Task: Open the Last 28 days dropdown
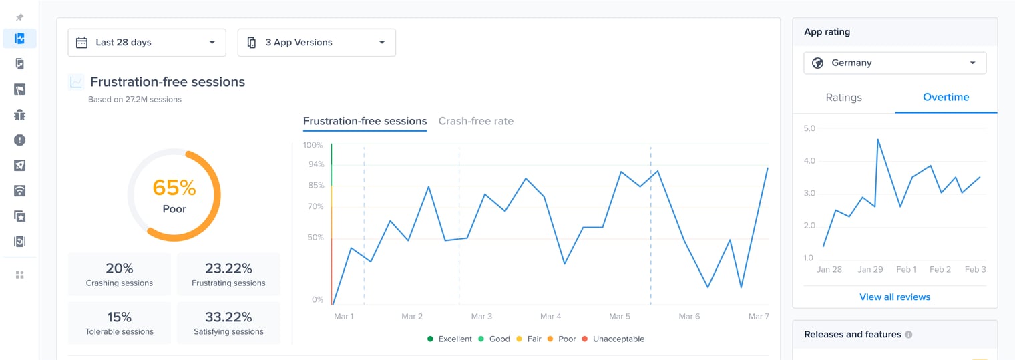(x=146, y=43)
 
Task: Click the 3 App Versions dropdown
(x=317, y=43)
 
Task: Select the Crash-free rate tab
(x=475, y=122)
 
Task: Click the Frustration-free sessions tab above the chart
(x=365, y=122)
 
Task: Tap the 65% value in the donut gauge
(x=174, y=188)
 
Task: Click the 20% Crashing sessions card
(x=120, y=275)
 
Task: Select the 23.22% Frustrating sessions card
(x=228, y=275)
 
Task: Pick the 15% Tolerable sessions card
(x=120, y=323)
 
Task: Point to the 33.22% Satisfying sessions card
(x=228, y=323)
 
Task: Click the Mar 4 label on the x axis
(x=550, y=317)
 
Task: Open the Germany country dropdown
(x=895, y=63)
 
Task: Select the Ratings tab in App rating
(x=843, y=98)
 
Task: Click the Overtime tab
(x=946, y=98)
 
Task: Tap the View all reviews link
(x=895, y=297)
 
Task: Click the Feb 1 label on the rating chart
(x=906, y=270)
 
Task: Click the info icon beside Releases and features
(x=908, y=335)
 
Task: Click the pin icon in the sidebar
(x=20, y=17)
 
